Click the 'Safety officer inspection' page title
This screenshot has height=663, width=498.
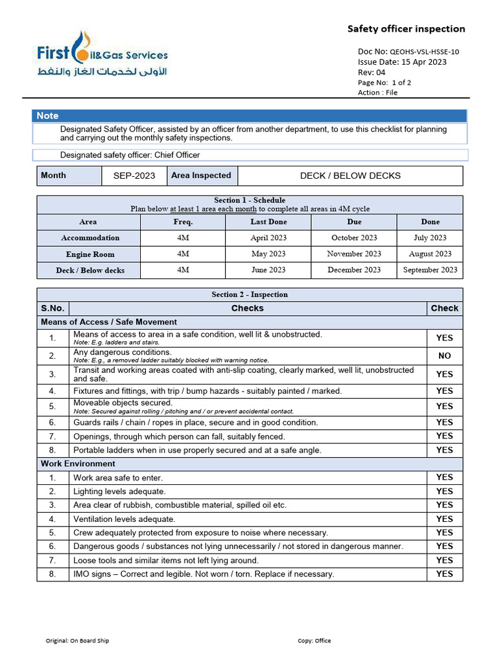pos(406,28)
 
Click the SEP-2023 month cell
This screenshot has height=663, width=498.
pos(134,175)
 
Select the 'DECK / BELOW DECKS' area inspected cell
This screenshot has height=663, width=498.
pos(350,175)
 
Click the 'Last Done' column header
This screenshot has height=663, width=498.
pos(268,221)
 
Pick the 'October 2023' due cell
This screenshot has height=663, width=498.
pos(354,238)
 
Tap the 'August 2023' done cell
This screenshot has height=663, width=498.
pos(430,254)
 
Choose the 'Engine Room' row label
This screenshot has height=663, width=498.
pos(90,254)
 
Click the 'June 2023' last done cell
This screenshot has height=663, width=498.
pos(268,270)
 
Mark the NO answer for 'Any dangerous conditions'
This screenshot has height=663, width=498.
pos(444,355)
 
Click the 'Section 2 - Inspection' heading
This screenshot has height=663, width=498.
pos(250,295)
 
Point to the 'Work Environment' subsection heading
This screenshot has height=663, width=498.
pos(78,464)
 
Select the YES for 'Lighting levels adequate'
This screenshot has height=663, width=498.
pos(444,491)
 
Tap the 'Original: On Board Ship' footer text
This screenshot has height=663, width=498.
pos(77,641)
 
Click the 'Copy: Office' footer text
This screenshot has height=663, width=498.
pos(314,641)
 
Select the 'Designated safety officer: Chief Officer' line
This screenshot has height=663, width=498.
pos(130,155)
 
